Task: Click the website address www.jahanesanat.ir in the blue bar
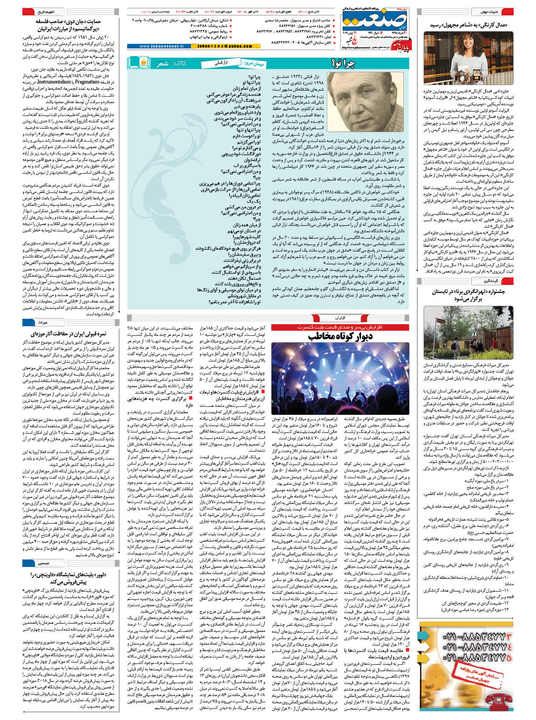coord(162,46)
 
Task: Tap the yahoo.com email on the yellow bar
coord(219,46)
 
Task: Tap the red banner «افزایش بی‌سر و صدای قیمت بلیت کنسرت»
coord(340,327)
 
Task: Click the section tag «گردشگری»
coord(490,281)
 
